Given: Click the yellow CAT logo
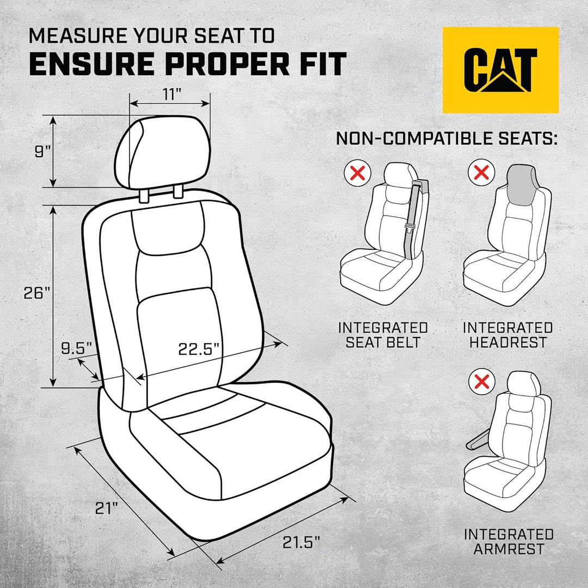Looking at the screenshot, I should point(500,70).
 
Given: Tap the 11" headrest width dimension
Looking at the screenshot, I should point(171,94).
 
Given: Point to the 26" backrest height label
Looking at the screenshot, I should point(37,292).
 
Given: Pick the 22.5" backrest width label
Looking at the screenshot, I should point(199,349).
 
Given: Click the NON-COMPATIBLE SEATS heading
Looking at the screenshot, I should point(446,138).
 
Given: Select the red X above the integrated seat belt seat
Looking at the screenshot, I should point(357,173).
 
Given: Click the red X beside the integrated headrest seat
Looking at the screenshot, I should point(482,173).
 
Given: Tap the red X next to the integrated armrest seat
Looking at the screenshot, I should point(482,381).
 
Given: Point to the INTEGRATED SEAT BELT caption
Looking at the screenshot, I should point(383,335).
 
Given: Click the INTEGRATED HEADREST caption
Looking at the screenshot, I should point(507,335).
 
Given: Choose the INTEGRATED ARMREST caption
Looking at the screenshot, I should point(508,541).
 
